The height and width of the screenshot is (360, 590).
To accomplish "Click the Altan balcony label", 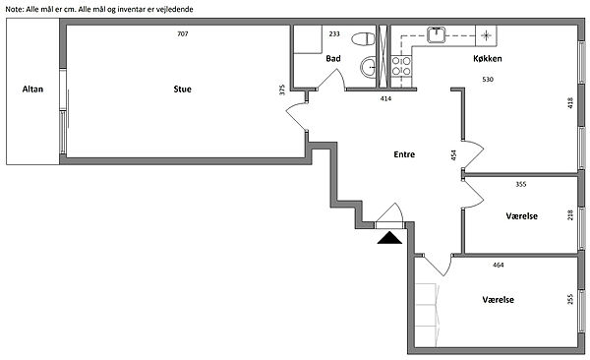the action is [x=32, y=90].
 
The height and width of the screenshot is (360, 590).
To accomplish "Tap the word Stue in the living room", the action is [x=183, y=90].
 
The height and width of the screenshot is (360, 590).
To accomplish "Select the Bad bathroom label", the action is [x=333, y=58].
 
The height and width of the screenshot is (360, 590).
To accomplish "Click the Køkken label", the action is [x=488, y=58].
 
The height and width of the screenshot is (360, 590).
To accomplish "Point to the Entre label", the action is [x=404, y=154].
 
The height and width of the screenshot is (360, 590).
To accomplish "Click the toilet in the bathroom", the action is [x=364, y=38].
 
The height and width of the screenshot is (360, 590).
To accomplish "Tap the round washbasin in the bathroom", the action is [x=369, y=68].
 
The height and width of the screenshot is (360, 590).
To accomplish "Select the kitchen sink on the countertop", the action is [x=436, y=35].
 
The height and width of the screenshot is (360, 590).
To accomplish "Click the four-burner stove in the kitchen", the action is [x=401, y=66].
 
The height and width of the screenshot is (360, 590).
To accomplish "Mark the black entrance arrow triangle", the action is [x=389, y=238].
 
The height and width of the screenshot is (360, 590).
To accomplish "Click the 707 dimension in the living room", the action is [x=183, y=33].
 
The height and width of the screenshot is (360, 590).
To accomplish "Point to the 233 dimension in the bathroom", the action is [x=334, y=33].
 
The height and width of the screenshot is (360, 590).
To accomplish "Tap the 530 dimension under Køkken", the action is [x=488, y=80].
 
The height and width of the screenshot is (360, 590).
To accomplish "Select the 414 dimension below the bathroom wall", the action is [x=385, y=98].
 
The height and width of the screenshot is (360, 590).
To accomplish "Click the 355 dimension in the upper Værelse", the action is [x=521, y=184].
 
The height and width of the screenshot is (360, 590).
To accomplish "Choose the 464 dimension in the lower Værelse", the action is [x=499, y=266].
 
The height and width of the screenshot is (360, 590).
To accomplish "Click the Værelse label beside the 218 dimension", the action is [x=521, y=216].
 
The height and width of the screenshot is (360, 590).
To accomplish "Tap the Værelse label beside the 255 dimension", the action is [x=499, y=300].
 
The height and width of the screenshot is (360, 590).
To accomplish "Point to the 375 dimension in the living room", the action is [x=282, y=90].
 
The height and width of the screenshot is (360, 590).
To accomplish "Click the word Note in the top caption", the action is [x=15, y=10].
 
